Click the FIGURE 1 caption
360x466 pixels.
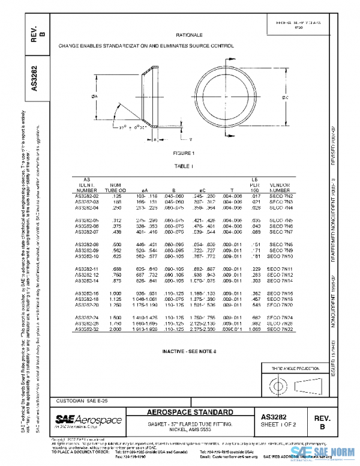[x=189, y=153]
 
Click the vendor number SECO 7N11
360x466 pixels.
[x=280, y=269]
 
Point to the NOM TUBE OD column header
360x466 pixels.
[x=116, y=188]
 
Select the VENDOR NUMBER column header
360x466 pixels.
[x=279, y=188]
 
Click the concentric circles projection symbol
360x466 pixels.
[x=279, y=383]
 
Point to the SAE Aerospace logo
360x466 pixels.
[x=89, y=420]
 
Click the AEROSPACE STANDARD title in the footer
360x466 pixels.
[x=191, y=413]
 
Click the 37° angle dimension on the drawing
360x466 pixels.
[x=122, y=128]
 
